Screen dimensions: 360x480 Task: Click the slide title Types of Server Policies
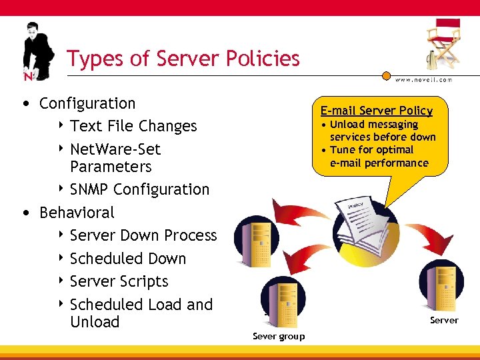pyautogui.click(x=183, y=59)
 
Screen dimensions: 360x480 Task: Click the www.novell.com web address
pyautogui.click(x=423, y=79)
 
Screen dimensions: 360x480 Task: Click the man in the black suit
pyautogui.click(x=37, y=50)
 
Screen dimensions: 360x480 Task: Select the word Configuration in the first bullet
pyautogui.click(x=87, y=103)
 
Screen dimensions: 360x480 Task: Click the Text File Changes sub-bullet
pyautogui.click(x=133, y=126)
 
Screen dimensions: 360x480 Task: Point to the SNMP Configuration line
pyautogui.click(x=139, y=189)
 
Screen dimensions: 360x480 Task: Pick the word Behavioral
pyautogui.click(x=77, y=213)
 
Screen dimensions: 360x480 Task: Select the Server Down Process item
pyautogui.click(x=143, y=235)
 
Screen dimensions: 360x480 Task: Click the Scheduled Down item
pyautogui.click(x=128, y=259)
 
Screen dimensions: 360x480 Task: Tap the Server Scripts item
pyautogui.click(x=119, y=281)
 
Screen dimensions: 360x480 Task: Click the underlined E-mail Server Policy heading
pyautogui.click(x=376, y=111)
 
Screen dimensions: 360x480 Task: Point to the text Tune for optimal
pyautogui.click(x=371, y=150)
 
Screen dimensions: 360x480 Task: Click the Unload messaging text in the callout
pyautogui.click(x=374, y=125)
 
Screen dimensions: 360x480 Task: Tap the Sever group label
pyautogui.click(x=279, y=336)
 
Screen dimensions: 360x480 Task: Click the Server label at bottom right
pyautogui.click(x=444, y=320)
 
